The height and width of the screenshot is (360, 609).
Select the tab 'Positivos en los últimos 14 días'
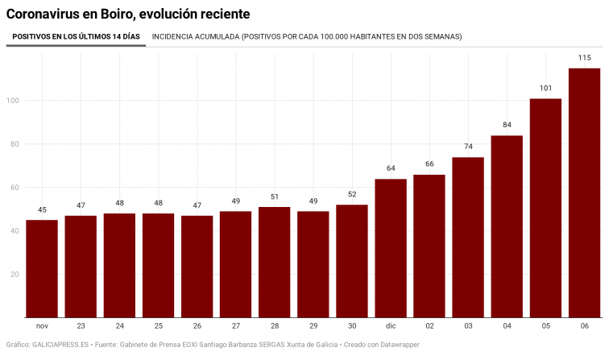click(x=76, y=37)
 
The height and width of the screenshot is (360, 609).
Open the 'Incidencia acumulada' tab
click(x=307, y=37)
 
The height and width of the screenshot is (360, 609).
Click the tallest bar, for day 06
click(x=584, y=193)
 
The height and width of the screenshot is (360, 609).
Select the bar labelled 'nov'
click(x=42, y=269)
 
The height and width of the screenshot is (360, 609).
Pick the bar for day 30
click(x=352, y=261)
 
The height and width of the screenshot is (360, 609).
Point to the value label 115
click(x=584, y=57)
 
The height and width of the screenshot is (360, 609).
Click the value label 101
click(x=545, y=88)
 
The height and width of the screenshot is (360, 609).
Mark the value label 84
click(x=507, y=125)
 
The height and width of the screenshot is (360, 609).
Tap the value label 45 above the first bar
click(x=42, y=209)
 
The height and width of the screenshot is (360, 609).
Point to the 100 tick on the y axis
click(x=14, y=101)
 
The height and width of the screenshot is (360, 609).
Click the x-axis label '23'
click(x=81, y=327)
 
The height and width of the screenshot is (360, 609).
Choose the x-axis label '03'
click(x=468, y=327)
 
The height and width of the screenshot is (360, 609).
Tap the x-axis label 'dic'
click(x=391, y=327)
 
